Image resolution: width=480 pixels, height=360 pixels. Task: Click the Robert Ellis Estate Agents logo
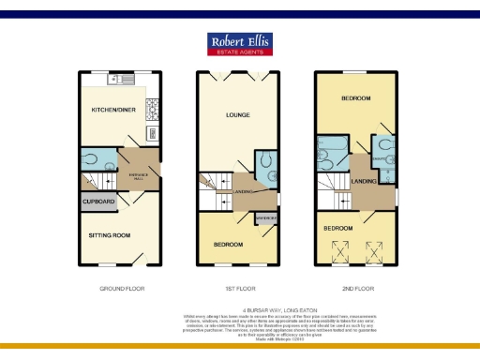click(x=240, y=45)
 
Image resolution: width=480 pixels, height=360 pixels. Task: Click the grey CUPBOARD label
click(x=98, y=202)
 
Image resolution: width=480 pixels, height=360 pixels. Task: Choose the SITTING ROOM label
click(x=109, y=234)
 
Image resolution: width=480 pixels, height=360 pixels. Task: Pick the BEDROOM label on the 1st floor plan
click(x=228, y=245)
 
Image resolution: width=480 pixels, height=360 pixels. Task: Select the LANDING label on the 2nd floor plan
click(x=364, y=181)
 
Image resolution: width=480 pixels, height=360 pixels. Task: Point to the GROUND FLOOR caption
click(x=122, y=288)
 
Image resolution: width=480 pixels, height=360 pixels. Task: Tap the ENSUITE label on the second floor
click(x=383, y=159)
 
